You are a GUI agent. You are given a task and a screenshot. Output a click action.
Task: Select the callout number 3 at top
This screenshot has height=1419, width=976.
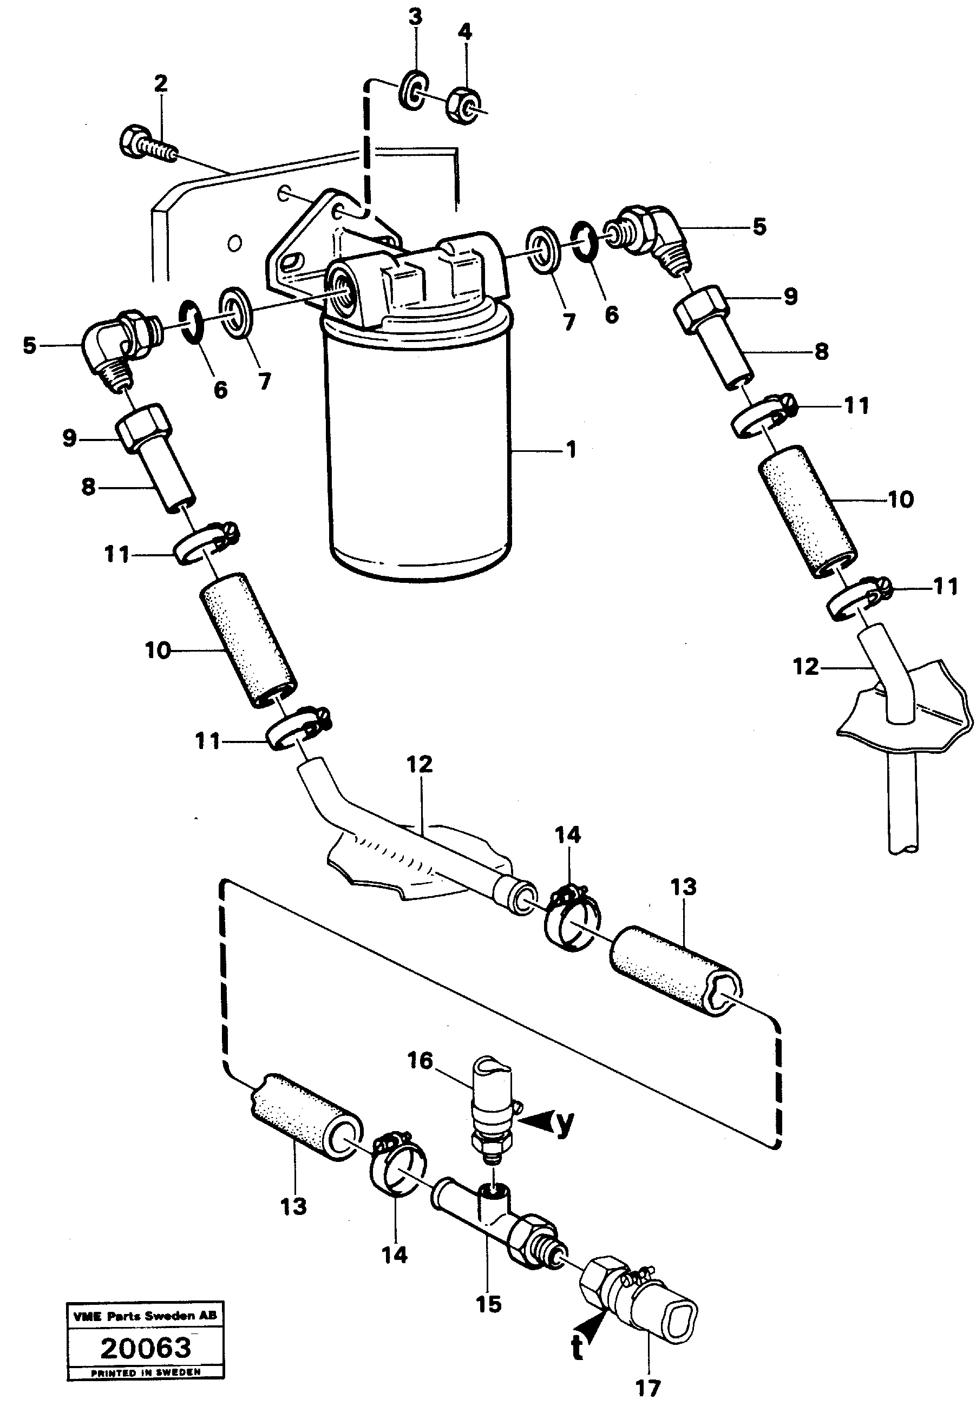[415, 18]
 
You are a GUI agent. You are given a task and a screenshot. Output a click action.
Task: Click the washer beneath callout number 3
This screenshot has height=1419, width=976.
[414, 90]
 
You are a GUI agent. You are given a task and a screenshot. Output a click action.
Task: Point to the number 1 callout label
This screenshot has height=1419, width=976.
[571, 451]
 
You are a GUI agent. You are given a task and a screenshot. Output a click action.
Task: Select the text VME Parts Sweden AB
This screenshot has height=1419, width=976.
[146, 1316]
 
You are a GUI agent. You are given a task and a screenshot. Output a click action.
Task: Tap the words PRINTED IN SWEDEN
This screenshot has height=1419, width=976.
[146, 1372]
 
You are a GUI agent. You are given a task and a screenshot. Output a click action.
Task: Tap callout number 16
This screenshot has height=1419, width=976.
[420, 1061]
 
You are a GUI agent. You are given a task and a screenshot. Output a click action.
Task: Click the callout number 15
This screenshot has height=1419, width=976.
[489, 1304]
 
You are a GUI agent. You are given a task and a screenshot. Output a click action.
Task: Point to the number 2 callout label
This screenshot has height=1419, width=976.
[160, 84]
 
